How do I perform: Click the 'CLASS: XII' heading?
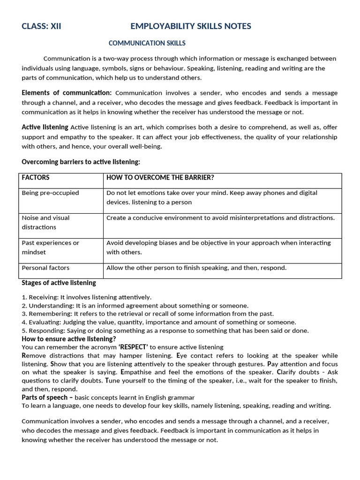point(41,26)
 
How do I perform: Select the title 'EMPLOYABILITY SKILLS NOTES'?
point(191,26)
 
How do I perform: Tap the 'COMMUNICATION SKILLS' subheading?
point(147,43)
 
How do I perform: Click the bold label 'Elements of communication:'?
point(67,93)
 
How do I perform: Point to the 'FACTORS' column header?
point(36,178)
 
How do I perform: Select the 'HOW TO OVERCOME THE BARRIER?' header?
point(160,178)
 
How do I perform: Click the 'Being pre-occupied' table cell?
point(50,193)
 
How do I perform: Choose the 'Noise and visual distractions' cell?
point(45,222)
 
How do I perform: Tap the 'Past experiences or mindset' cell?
point(50,247)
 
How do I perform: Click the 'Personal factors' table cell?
point(45,268)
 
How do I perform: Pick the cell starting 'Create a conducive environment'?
point(220,217)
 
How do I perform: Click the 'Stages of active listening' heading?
point(59,283)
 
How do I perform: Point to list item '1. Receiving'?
point(86,297)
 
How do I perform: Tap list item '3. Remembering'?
point(147,314)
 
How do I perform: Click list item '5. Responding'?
point(165,330)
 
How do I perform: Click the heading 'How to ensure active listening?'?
point(69,338)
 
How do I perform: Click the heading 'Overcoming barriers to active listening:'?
point(81,162)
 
